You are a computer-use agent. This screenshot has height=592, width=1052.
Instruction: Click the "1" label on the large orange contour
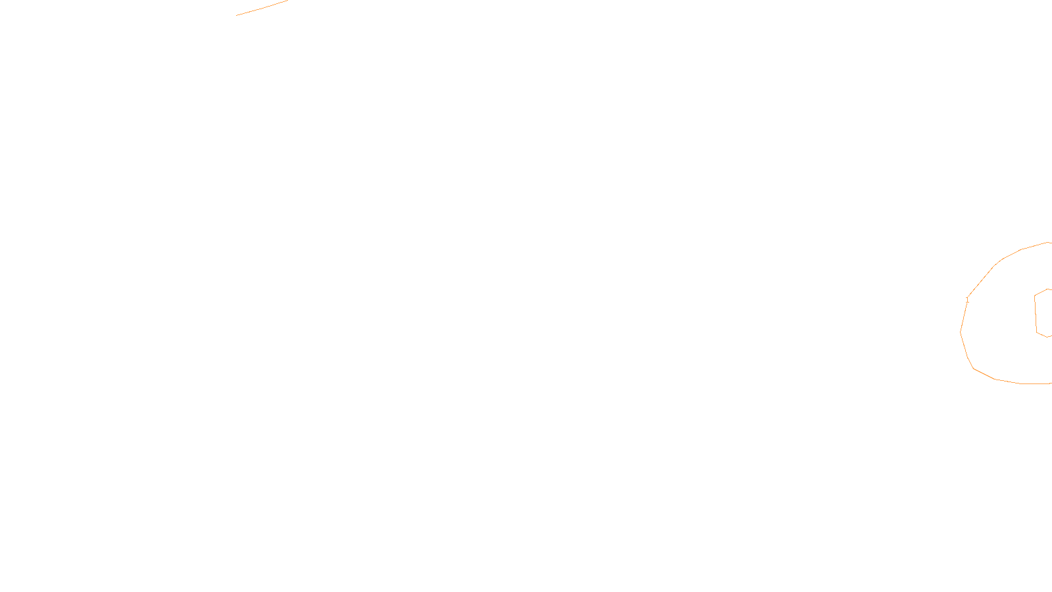[x=967, y=300]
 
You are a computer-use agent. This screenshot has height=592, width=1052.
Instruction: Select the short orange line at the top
[x=262, y=8]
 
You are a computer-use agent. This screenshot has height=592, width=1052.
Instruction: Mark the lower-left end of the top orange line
[x=237, y=15]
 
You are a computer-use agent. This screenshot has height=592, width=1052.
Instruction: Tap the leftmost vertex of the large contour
[x=961, y=332]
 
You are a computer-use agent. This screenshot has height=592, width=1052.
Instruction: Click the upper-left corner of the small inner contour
[x=1035, y=295]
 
